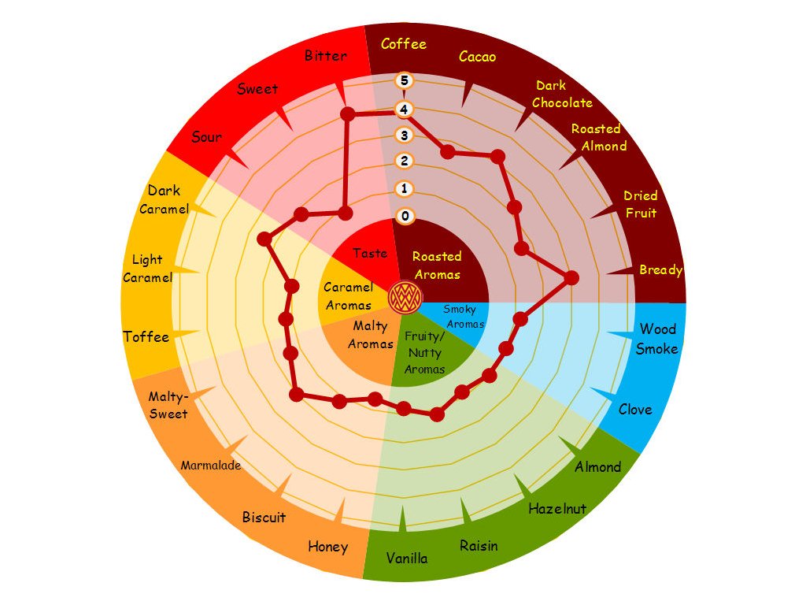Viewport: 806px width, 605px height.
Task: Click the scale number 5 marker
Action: (405, 80)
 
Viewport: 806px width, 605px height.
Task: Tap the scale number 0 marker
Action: (405, 216)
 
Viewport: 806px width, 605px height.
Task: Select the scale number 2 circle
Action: (405, 161)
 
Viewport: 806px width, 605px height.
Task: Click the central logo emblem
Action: (405, 297)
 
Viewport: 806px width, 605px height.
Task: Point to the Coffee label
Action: (404, 44)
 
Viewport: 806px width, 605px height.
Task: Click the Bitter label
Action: (325, 56)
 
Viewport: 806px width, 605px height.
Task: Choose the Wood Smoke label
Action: (657, 339)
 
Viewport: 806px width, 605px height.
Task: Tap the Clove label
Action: (635, 410)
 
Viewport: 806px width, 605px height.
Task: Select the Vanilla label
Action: (407, 559)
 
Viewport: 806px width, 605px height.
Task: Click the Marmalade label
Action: (211, 466)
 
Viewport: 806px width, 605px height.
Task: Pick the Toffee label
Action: (146, 337)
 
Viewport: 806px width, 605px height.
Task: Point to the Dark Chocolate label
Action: (562, 95)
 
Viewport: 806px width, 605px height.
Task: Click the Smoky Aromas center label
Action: (464, 317)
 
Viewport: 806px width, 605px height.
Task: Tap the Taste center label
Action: (370, 253)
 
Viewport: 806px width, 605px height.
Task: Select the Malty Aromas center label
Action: (371, 335)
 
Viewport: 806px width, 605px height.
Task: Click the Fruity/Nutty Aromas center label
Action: (424, 352)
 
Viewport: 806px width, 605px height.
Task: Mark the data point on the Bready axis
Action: (571, 278)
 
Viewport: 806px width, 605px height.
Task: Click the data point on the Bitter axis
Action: (348, 113)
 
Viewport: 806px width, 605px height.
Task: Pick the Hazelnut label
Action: (557, 509)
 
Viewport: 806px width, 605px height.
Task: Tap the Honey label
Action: (328, 547)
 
